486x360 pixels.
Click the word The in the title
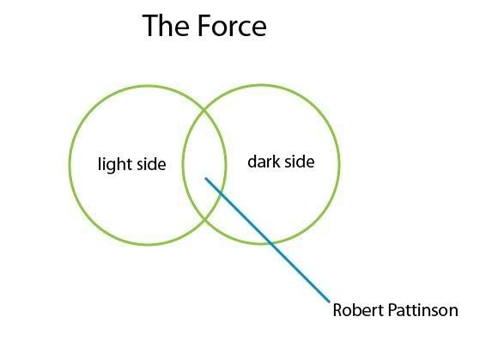(166, 26)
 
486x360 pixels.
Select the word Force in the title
(232, 26)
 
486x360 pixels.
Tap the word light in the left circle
(114, 164)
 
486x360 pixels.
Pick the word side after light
(151, 164)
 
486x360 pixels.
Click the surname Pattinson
(422, 310)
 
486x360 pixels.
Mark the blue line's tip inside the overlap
(206, 179)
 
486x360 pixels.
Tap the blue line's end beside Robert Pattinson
(329, 301)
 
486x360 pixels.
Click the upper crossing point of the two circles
(204, 110)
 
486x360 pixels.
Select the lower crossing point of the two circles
(204, 220)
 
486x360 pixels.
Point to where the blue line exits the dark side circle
(271, 243)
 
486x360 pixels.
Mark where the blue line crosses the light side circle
(221, 193)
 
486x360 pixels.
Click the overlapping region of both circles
(204, 155)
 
